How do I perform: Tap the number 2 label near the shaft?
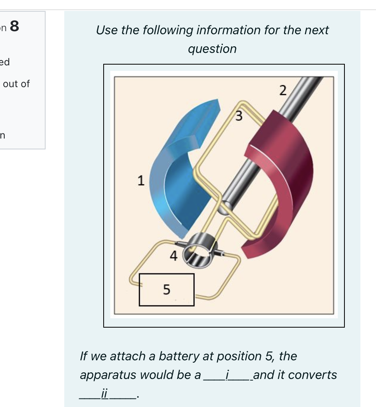click(283, 91)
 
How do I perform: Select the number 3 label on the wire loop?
click(239, 116)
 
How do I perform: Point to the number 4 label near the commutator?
click(173, 256)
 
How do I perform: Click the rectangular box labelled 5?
click(166, 289)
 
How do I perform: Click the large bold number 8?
click(14, 26)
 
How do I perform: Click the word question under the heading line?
click(212, 49)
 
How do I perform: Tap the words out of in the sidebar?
click(16, 84)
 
